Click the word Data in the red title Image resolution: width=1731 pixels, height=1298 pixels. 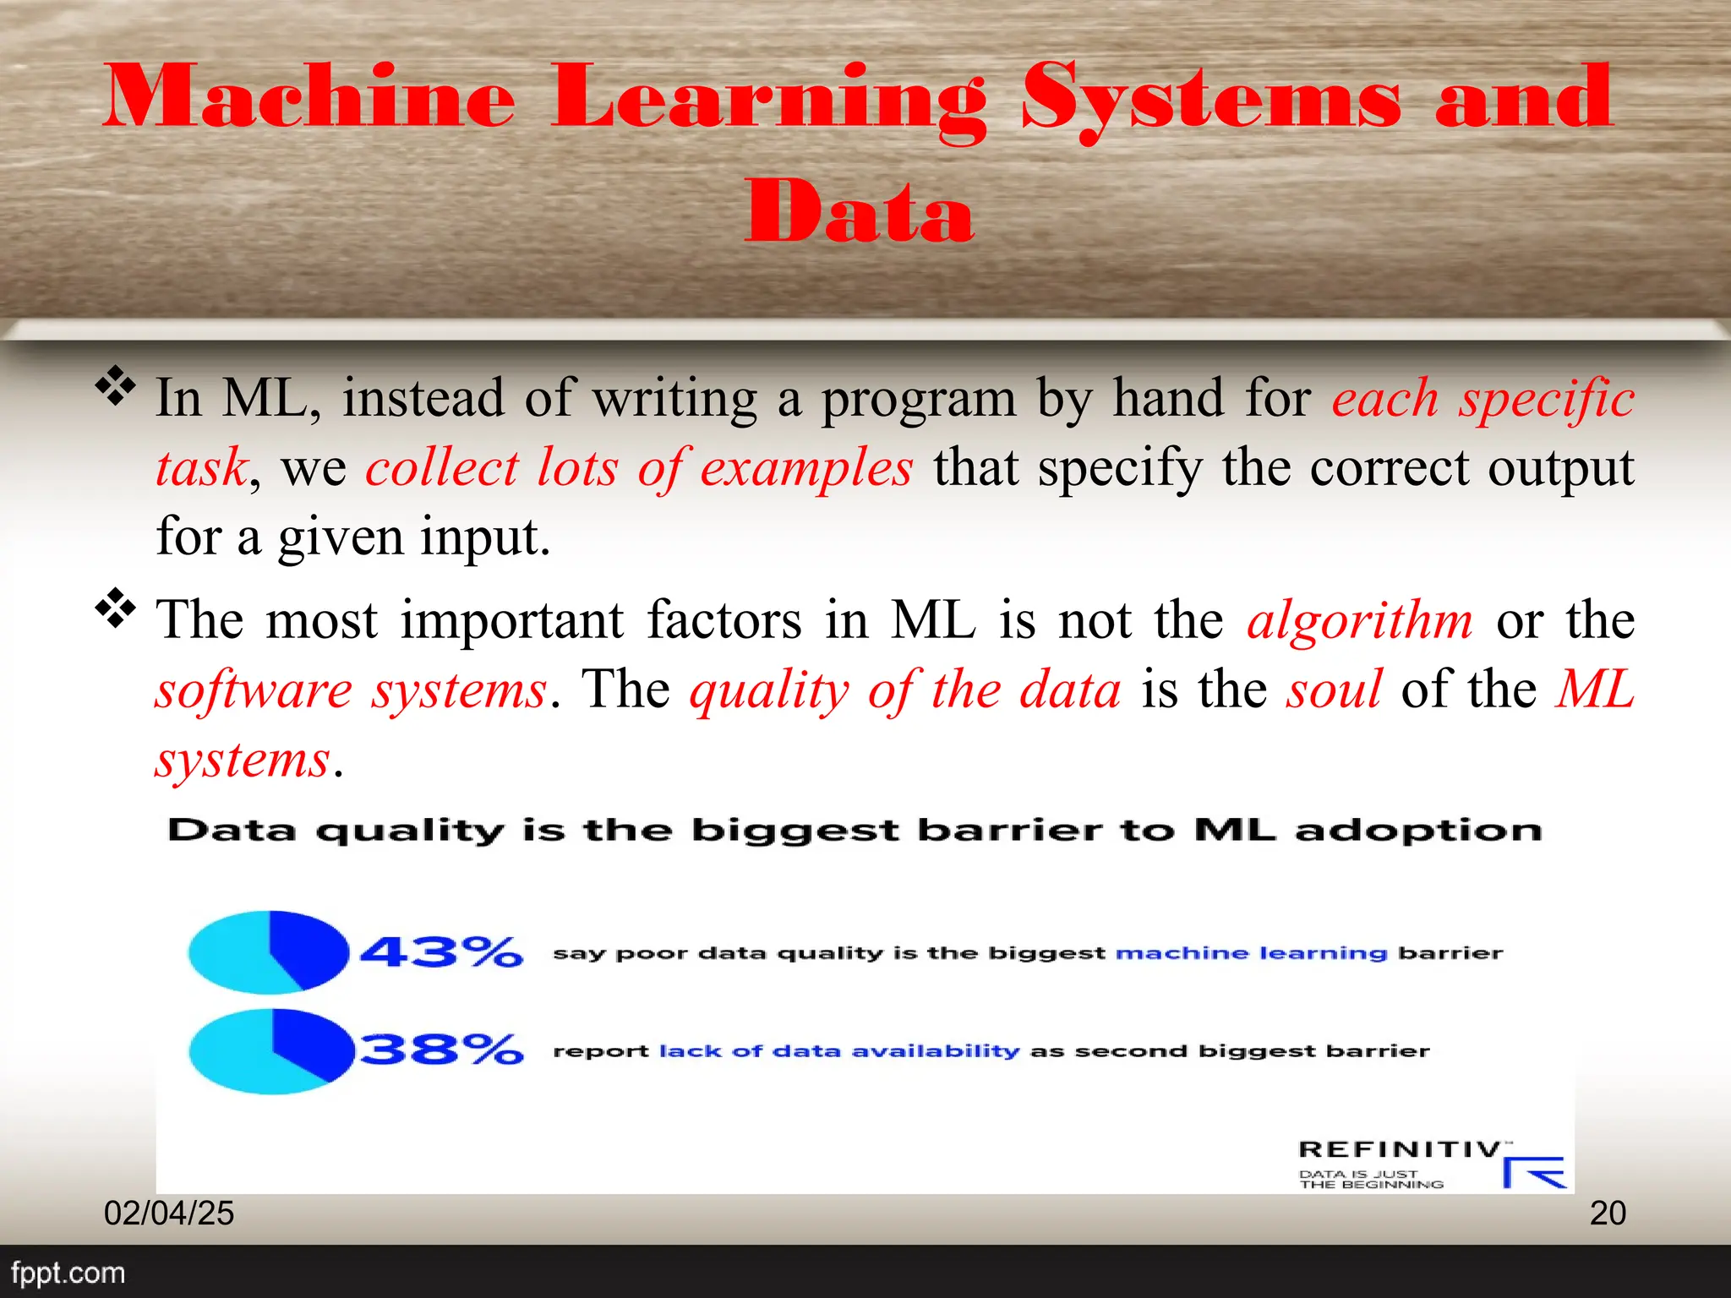click(859, 210)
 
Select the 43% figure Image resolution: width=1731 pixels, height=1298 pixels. click(441, 952)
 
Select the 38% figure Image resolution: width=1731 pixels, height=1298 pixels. click(441, 1050)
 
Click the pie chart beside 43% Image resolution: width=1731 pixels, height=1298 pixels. click(269, 952)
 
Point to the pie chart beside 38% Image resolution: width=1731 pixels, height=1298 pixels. click(270, 1051)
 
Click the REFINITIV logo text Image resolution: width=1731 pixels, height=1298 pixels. click(1400, 1149)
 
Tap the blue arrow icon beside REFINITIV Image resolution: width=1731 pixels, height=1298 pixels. click(1533, 1172)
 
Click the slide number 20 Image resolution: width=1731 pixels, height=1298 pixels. click(1608, 1213)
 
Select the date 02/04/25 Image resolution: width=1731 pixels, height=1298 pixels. click(169, 1213)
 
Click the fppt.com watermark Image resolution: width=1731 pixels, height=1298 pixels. click(68, 1273)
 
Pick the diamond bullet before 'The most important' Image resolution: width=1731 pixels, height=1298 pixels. click(116, 609)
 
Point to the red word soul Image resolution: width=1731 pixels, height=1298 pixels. click(1334, 690)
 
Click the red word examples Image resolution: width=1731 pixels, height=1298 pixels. click(806, 468)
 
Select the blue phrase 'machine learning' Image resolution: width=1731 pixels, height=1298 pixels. click(1251, 953)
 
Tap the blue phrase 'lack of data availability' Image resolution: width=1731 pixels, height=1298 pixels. click(839, 1051)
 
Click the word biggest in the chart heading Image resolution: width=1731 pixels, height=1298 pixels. click(795, 832)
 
